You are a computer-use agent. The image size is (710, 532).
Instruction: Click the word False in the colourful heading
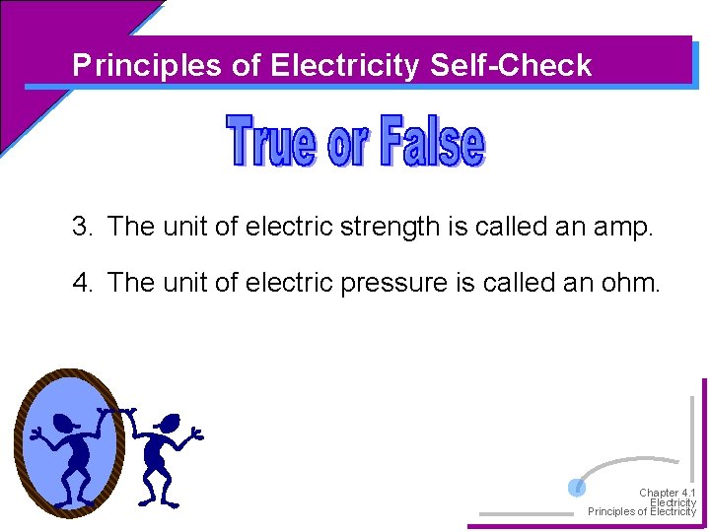point(431,143)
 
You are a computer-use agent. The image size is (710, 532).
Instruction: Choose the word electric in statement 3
point(287,227)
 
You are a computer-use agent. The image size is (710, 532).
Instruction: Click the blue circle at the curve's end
point(578,487)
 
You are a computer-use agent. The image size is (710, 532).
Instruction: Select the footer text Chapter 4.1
point(667,493)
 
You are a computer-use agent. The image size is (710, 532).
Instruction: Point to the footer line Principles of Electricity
point(642,512)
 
